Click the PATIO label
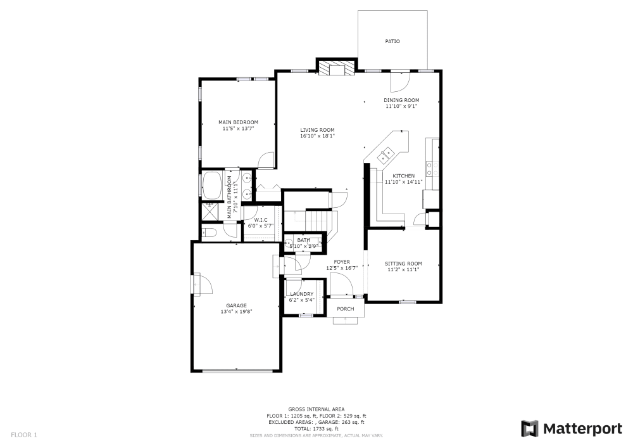coord(392,42)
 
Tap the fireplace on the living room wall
coord(335,68)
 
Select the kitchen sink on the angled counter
coord(385,153)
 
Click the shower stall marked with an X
coord(208,211)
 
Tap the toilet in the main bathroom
coord(210,233)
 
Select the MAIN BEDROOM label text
coord(238,122)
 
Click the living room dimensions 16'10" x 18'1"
coord(317,136)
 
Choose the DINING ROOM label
coord(401,100)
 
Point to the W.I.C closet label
coord(261,220)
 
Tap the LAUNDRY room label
coord(301,294)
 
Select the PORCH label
coord(345,309)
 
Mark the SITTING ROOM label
coord(403,264)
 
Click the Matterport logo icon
coord(529,429)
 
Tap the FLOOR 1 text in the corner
coord(25,435)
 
